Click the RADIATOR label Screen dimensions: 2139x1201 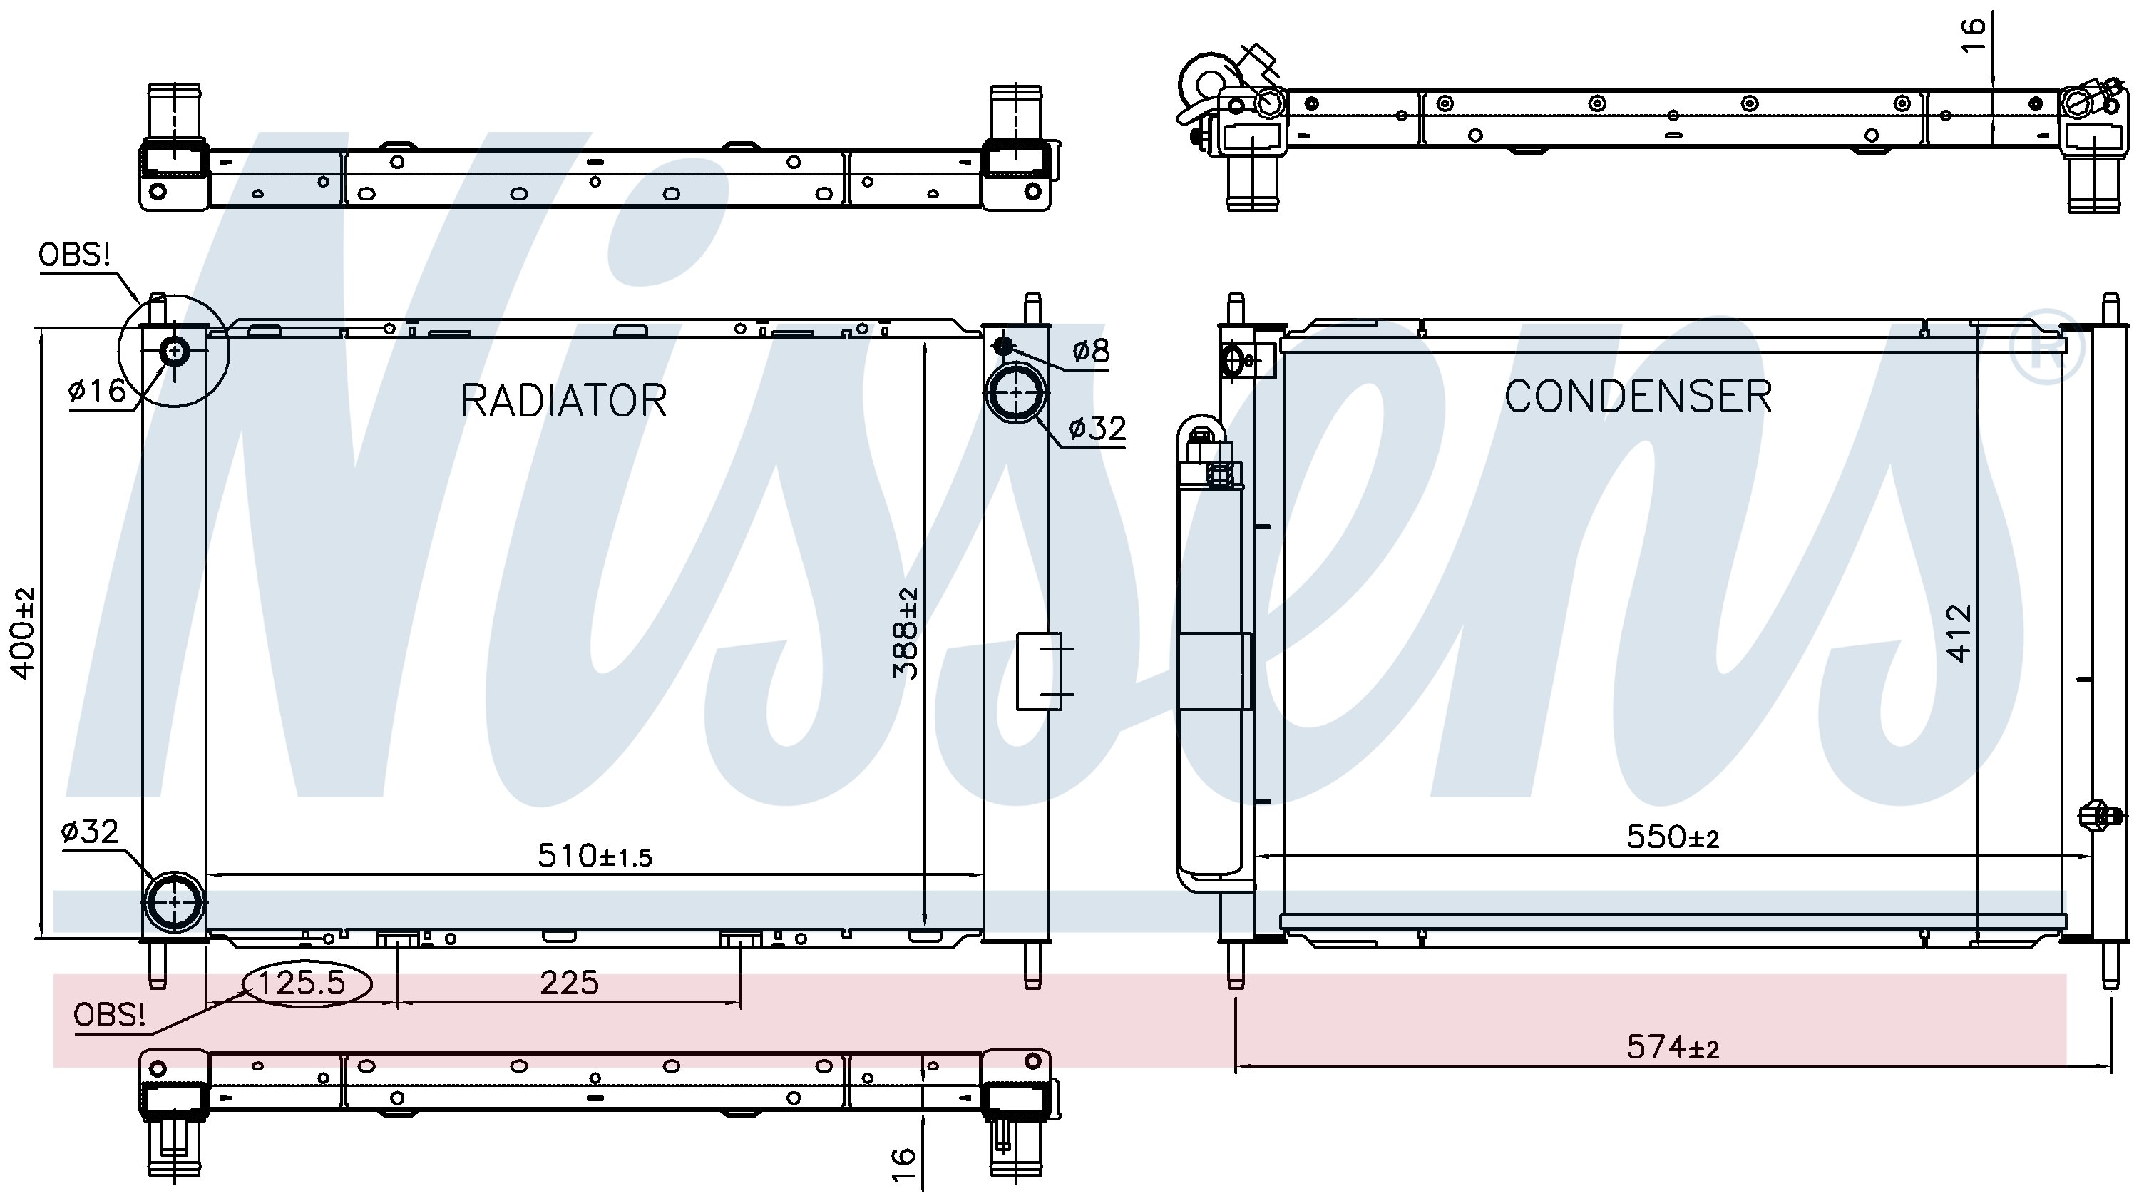click(564, 401)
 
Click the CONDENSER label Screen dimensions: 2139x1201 click(1638, 397)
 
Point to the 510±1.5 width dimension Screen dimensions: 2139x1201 click(595, 854)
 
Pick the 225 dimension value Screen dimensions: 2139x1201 click(569, 983)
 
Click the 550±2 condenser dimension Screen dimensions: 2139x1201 click(1672, 837)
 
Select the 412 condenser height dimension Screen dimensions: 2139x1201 click(1959, 633)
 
